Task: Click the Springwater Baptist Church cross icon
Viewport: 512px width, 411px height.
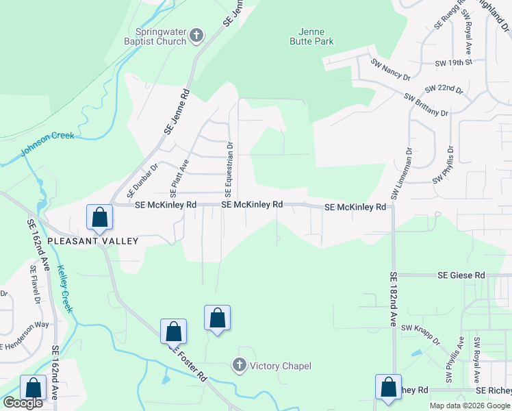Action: (x=196, y=36)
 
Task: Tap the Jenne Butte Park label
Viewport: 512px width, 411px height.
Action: (x=316, y=36)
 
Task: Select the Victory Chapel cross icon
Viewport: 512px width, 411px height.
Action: (x=240, y=366)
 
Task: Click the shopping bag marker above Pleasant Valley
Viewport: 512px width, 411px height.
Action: (x=99, y=218)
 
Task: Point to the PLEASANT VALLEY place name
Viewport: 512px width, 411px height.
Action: (x=92, y=241)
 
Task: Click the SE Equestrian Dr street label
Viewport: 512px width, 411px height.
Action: (x=229, y=166)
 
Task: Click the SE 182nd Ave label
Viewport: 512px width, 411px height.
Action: (x=393, y=299)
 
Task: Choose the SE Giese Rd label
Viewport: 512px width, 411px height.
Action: (x=461, y=275)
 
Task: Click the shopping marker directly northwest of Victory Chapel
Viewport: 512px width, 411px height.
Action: (x=217, y=318)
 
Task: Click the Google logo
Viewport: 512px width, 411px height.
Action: (x=23, y=403)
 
